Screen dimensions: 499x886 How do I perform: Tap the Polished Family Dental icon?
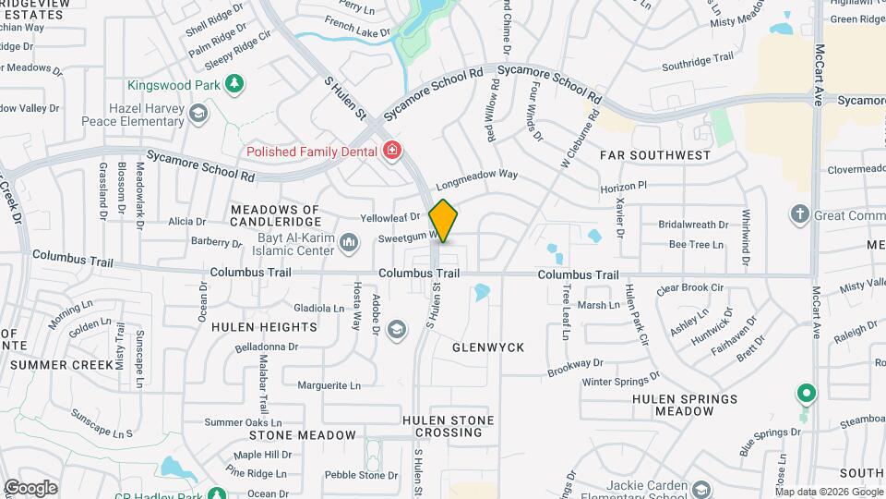coord(393,150)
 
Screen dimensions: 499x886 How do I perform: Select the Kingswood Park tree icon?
coord(235,84)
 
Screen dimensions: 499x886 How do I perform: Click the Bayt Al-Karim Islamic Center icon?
coord(348,243)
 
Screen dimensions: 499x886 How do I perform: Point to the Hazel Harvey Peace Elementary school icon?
coord(197,114)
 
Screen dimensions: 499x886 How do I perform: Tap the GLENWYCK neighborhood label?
coord(488,347)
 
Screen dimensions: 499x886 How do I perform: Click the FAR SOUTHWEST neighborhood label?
coord(655,155)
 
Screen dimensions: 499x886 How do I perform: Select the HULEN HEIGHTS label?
coord(264,327)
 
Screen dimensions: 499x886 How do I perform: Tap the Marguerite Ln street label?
coord(329,385)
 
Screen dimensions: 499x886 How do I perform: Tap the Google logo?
coord(30,487)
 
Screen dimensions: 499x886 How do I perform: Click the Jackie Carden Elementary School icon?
coord(700,489)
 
